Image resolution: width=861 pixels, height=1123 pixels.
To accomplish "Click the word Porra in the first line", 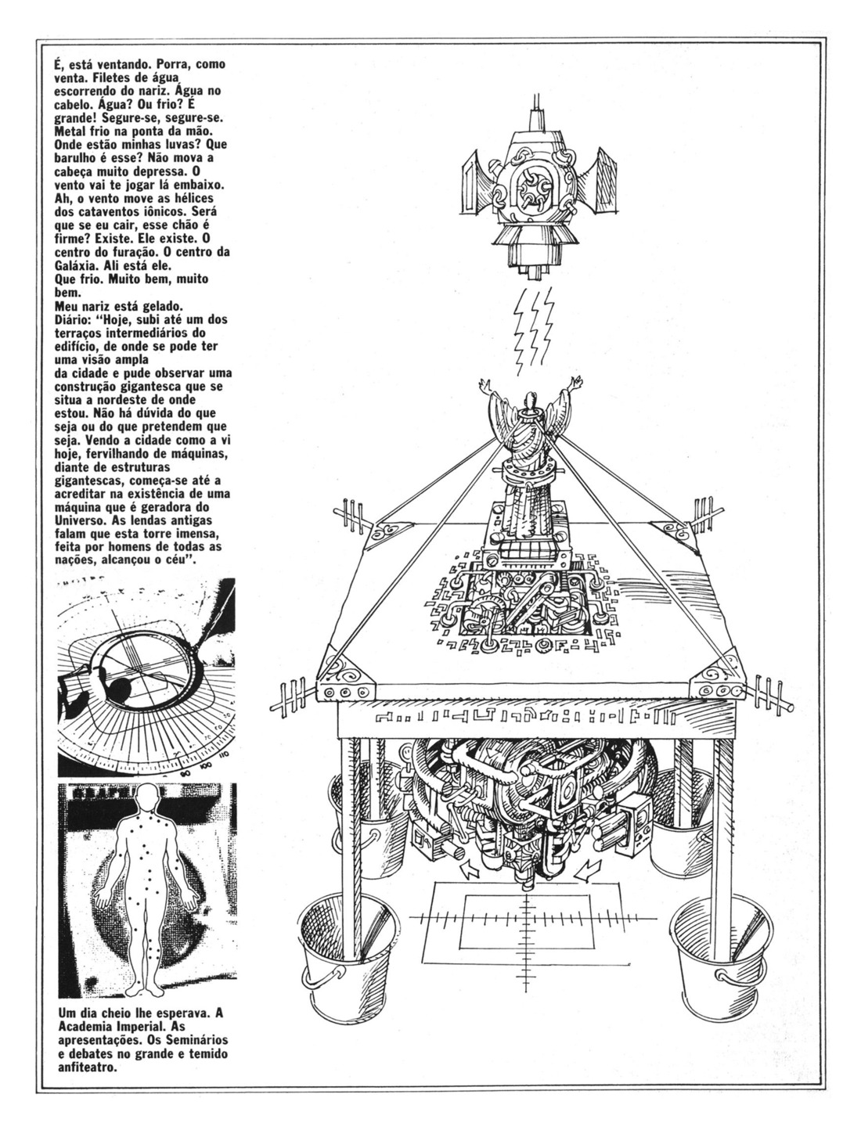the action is pos(170,65).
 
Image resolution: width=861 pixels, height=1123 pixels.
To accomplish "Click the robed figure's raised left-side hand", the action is pos(485,384).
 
